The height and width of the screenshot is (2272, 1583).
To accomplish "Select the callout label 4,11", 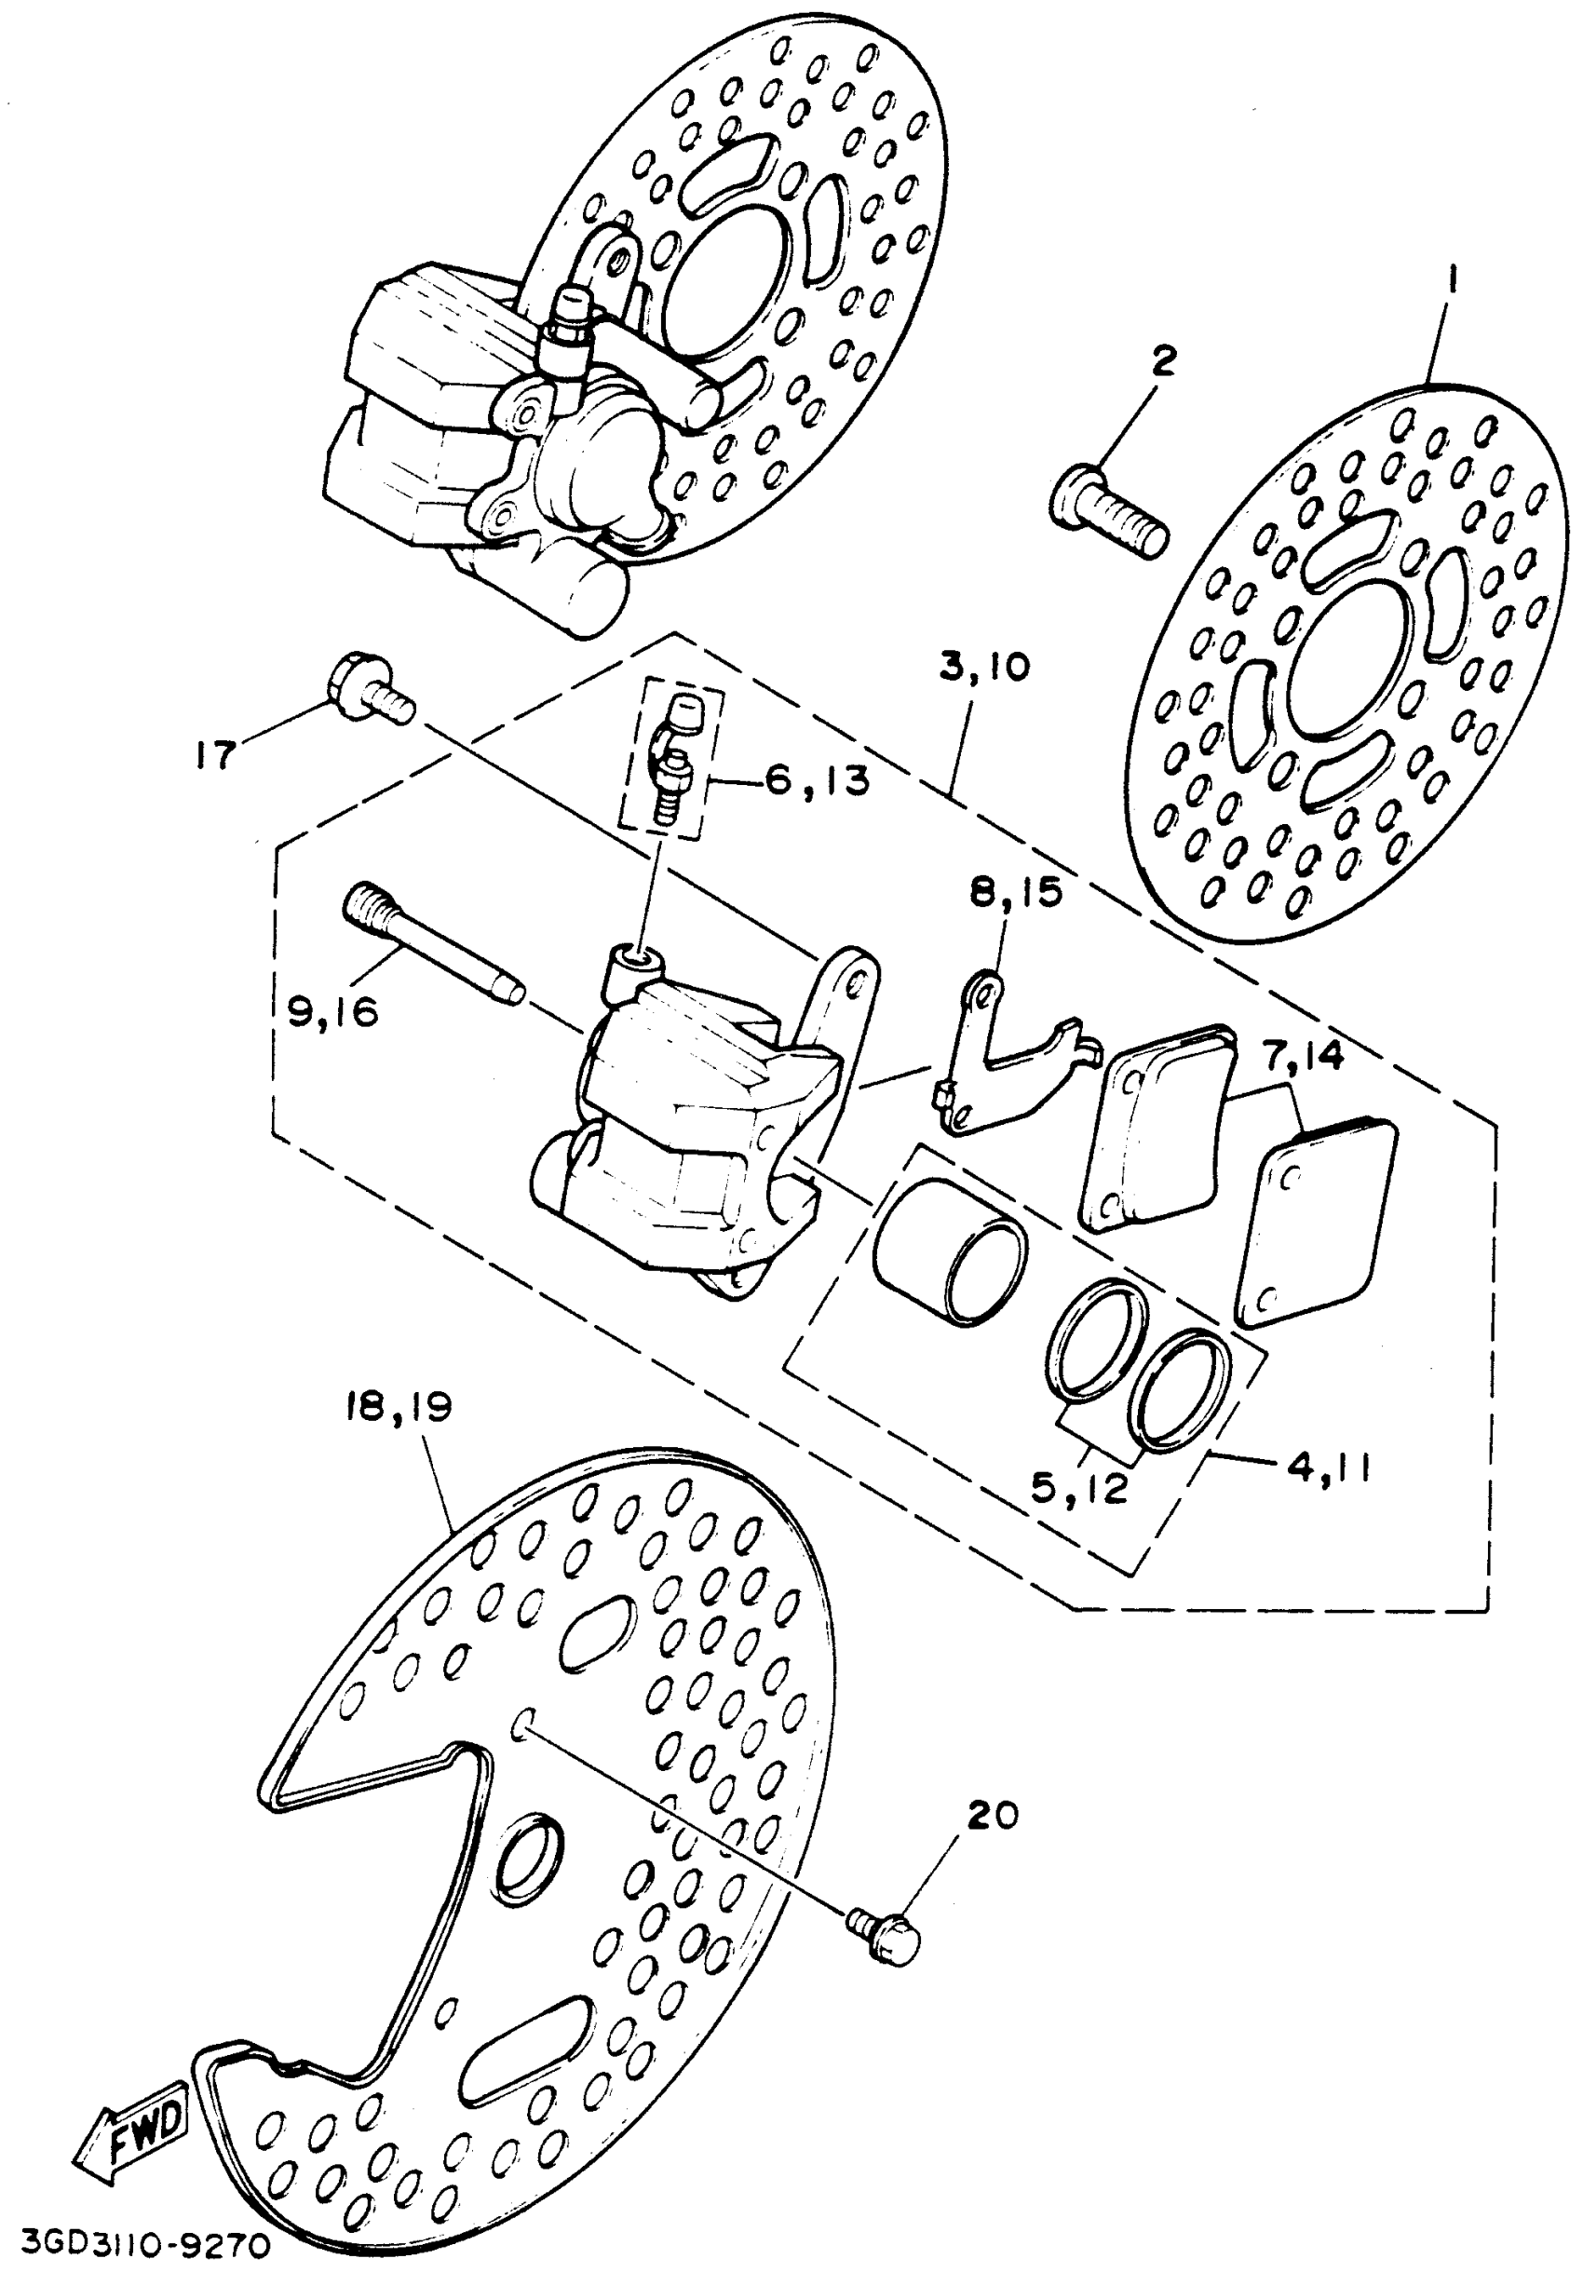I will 1327,1468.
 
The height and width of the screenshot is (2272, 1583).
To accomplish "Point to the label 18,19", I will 399,1406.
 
